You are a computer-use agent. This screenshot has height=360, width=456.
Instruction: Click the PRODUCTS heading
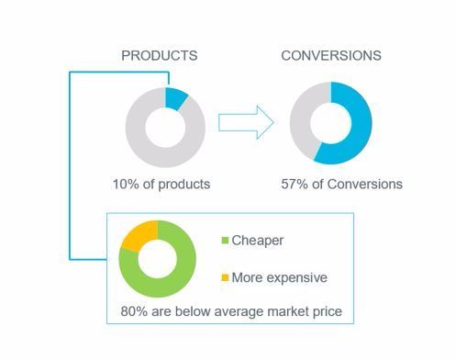click(x=159, y=56)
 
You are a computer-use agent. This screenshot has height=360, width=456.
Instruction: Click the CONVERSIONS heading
click(x=330, y=56)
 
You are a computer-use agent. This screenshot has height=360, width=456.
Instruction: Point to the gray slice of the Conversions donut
click(x=304, y=115)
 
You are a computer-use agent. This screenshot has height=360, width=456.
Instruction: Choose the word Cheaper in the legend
click(x=258, y=242)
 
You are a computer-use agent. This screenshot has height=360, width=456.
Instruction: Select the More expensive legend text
click(x=279, y=277)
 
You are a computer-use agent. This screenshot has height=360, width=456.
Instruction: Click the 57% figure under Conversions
click(x=295, y=184)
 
